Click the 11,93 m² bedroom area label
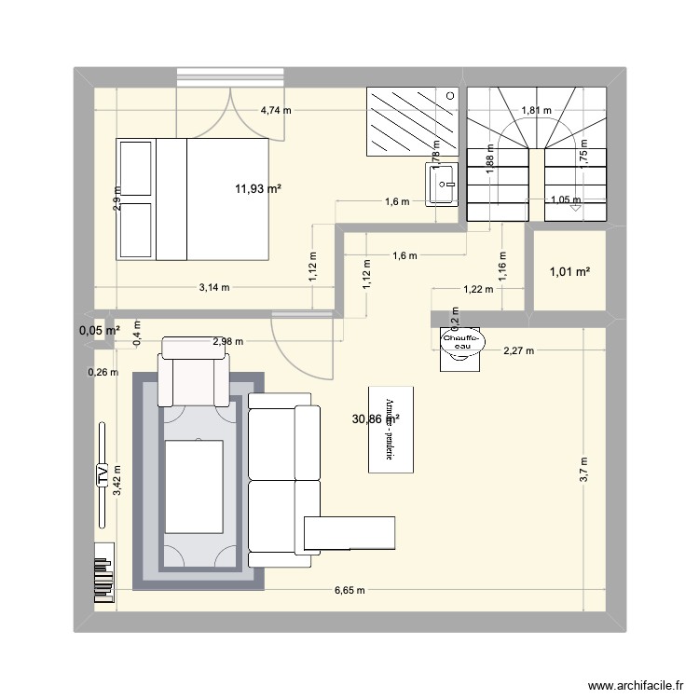point(258,189)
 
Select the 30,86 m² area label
point(376,420)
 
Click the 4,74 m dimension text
point(276,110)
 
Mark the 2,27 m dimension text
point(518,351)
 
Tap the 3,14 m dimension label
point(213,288)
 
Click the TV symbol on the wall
point(102,476)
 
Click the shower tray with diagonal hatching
point(412,121)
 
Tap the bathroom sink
point(441,183)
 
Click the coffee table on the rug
point(193,487)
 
